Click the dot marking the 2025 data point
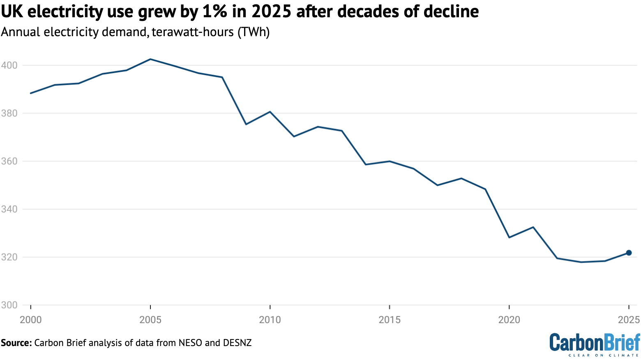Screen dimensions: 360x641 click(629, 253)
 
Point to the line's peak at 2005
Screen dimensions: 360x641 click(150, 59)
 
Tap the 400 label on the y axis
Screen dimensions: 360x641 click(9, 65)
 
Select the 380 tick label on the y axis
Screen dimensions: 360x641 click(9, 113)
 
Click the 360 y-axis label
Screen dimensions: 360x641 click(9, 161)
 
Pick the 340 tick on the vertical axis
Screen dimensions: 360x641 click(9, 209)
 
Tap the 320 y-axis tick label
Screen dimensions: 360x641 click(9, 257)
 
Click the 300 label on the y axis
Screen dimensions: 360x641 click(9, 305)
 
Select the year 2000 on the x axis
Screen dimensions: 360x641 click(31, 319)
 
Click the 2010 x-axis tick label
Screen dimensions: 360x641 click(270, 319)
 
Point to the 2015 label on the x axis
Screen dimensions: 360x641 click(390, 319)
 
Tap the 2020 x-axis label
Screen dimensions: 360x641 click(509, 319)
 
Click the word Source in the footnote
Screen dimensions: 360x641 click(16, 343)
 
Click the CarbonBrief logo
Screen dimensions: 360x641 click(595, 344)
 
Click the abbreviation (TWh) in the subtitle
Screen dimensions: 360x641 click(254, 32)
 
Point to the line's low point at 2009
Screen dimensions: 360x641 click(246, 124)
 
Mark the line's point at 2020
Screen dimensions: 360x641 click(509, 238)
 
